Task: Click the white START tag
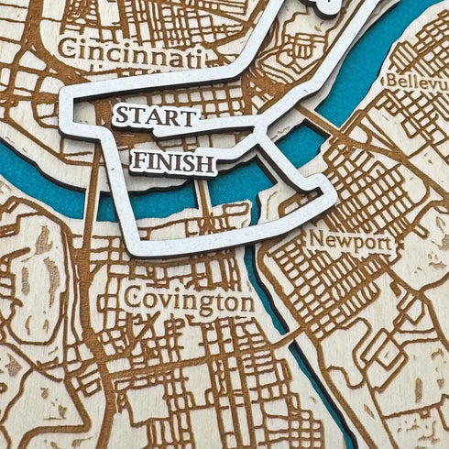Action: click(x=156, y=117)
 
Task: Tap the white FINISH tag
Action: click(x=173, y=163)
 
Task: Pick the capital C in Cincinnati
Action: click(x=64, y=49)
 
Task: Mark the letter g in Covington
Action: click(x=201, y=304)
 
